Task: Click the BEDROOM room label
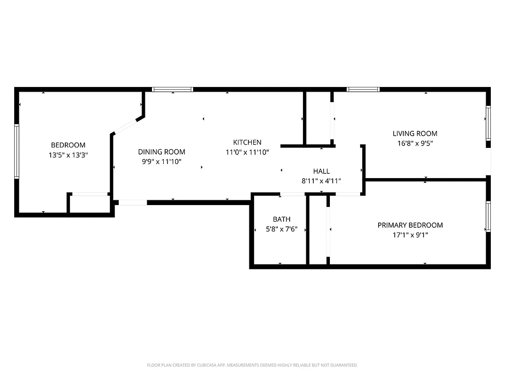(x=68, y=145)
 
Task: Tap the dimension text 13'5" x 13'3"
(x=68, y=155)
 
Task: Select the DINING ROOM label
(x=161, y=152)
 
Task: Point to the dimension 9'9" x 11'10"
(x=161, y=162)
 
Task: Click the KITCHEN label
(x=247, y=142)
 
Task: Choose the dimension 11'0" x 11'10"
(x=247, y=152)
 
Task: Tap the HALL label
(x=321, y=171)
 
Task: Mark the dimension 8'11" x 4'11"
(x=321, y=180)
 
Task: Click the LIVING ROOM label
(x=415, y=133)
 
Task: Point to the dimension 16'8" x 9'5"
(x=415, y=143)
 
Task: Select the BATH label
(x=282, y=219)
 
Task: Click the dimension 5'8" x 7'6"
(x=282, y=229)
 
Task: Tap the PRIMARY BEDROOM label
(x=410, y=225)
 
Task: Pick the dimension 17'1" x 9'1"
(x=410, y=235)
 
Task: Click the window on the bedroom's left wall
(x=17, y=151)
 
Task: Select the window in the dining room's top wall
(x=172, y=89)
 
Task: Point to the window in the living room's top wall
(x=363, y=89)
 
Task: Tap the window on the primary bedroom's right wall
(x=488, y=216)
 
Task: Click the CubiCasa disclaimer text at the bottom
(x=252, y=365)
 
